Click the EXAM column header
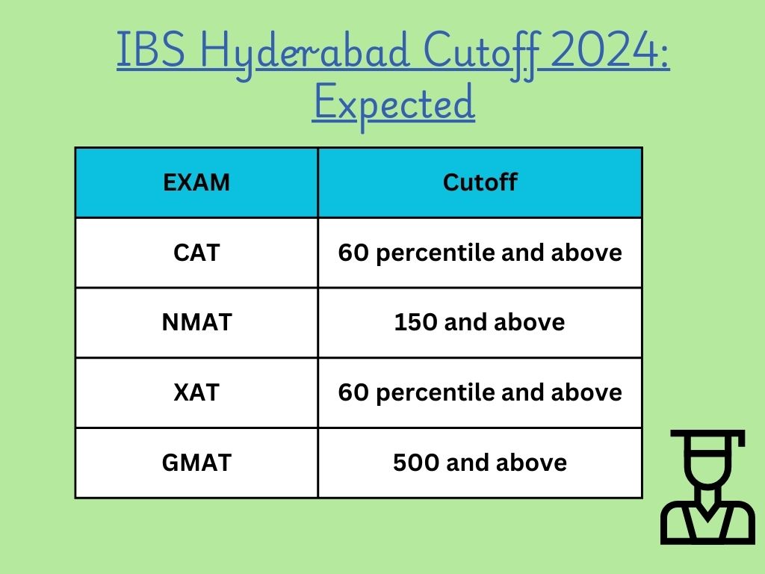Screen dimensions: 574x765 tap(196, 182)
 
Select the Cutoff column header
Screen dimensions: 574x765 tap(480, 182)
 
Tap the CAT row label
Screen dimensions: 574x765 tap(196, 253)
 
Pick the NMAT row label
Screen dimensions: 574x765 tap(196, 322)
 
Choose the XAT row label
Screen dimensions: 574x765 tap(196, 392)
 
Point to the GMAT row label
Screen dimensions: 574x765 tap(196, 463)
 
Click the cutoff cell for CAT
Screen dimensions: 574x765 tap(480, 253)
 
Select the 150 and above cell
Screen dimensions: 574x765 tap(480, 322)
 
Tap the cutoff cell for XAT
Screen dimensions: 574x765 tap(480, 392)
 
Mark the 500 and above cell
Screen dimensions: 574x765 tap(480, 463)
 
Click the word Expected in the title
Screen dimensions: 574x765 tap(394, 103)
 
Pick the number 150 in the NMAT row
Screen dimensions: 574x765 tap(416, 322)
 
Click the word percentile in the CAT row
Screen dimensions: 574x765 tap(436, 253)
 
